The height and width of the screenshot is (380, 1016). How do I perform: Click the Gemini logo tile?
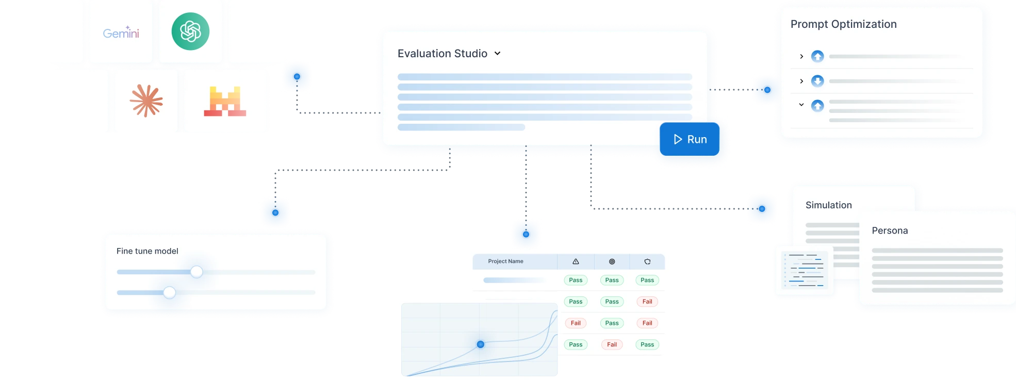[121, 33]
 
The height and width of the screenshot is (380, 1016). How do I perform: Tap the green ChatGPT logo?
[190, 31]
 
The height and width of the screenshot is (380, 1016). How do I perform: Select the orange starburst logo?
[146, 101]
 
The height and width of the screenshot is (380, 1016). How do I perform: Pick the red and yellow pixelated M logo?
[225, 101]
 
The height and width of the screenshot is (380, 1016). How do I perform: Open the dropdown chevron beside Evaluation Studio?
[497, 53]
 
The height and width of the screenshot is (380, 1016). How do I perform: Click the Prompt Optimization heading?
[843, 24]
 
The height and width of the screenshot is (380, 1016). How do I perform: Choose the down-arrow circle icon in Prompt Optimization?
[817, 81]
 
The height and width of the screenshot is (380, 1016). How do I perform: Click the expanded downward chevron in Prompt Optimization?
[801, 105]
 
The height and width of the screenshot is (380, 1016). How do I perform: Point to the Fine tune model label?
[148, 251]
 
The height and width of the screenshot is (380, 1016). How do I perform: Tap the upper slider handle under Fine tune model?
[196, 272]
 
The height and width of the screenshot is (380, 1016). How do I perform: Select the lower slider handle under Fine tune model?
[169, 293]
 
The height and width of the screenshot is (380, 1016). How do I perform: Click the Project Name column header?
[505, 261]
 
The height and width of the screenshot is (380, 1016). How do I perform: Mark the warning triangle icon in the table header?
[576, 261]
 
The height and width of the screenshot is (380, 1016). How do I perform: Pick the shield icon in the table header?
[647, 261]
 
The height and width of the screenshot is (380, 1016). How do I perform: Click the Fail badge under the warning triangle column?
[576, 323]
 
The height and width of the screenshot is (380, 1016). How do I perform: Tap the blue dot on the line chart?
[480, 344]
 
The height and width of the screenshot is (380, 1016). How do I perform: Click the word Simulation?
[828, 205]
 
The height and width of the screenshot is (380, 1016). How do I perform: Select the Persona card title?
[890, 230]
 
